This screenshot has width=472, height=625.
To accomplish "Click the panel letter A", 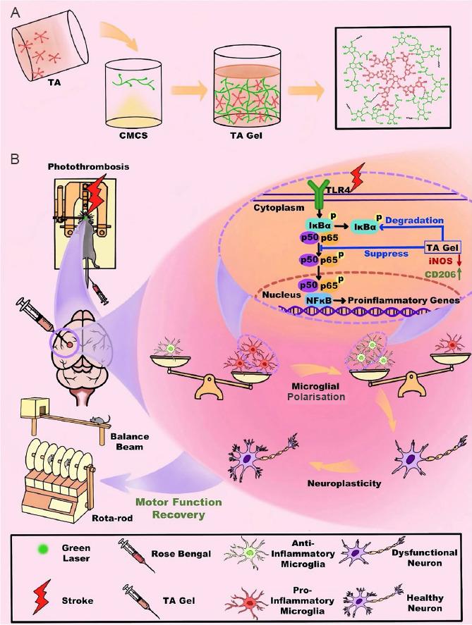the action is click(15, 13).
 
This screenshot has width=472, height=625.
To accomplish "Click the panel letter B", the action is click(14, 159).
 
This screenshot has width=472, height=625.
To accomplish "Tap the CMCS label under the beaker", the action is click(133, 135).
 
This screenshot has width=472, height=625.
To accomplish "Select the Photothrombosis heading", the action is click(89, 166).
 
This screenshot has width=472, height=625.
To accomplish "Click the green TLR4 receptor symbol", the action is click(318, 193).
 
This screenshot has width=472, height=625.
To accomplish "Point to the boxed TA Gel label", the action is click(442, 247).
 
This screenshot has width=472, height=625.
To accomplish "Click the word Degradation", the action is click(415, 220).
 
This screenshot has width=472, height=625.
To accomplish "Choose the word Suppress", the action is click(386, 254).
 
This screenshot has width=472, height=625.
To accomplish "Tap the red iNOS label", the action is click(440, 261).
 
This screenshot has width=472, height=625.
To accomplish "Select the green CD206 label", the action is click(440, 274).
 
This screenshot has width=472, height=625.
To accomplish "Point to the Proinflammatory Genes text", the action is click(404, 300).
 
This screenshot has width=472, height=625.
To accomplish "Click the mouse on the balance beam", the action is click(99, 419).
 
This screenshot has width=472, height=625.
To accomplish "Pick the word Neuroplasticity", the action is click(344, 483).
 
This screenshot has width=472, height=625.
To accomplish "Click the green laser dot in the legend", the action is click(42, 550).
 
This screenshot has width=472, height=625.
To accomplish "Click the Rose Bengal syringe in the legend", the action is click(135, 554).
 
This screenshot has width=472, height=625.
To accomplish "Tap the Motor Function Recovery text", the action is click(178, 508).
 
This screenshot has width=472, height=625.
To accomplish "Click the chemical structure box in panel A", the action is click(394, 78).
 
